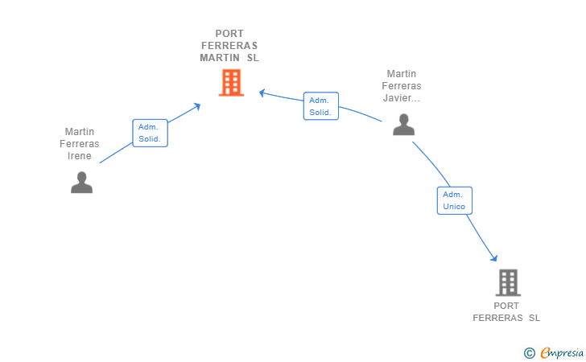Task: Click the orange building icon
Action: [231, 83]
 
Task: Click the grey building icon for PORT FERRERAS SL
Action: [508, 282]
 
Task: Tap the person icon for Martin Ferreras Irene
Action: [81, 183]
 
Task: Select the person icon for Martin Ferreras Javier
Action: [403, 125]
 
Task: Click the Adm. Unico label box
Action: [455, 200]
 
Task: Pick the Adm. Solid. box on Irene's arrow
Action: [150, 133]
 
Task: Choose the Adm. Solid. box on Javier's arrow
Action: [321, 106]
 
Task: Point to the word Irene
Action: [79, 156]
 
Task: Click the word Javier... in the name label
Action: [402, 98]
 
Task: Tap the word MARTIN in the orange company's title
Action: [220, 58]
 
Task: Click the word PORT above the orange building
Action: [229, 34]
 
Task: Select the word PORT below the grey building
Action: [506, 306]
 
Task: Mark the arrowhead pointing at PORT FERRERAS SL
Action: [494, 257]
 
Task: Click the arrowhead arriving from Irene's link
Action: [197, 107]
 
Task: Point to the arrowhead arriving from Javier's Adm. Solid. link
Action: [262, 93]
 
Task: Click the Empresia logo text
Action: [562, 352]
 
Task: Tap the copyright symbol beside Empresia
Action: [530, 353]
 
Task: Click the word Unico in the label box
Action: [454, 207]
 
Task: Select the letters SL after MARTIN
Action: [253, 58]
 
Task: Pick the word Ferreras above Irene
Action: [79, 144]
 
